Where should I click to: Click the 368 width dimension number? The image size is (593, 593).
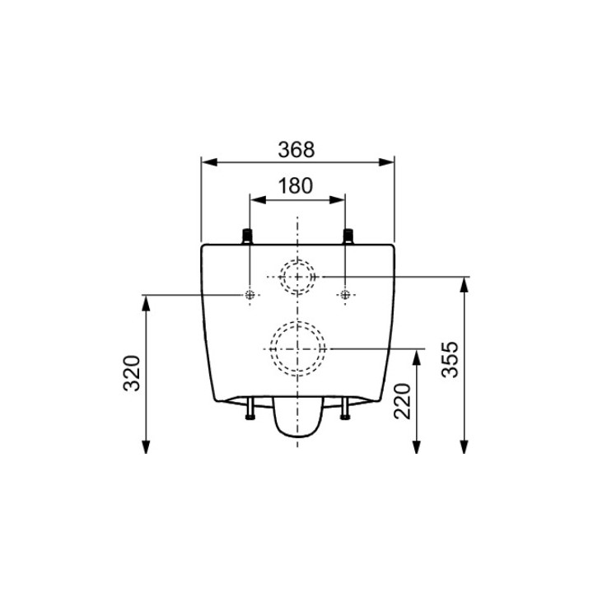296,149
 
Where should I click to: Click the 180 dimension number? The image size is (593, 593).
296,185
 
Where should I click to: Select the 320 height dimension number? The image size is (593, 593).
133,373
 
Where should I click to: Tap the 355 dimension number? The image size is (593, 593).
450,359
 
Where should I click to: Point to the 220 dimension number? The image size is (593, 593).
402,401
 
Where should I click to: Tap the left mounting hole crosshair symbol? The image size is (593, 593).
250,294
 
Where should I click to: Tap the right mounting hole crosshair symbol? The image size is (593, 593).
345,294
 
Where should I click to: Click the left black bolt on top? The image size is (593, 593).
247,236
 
